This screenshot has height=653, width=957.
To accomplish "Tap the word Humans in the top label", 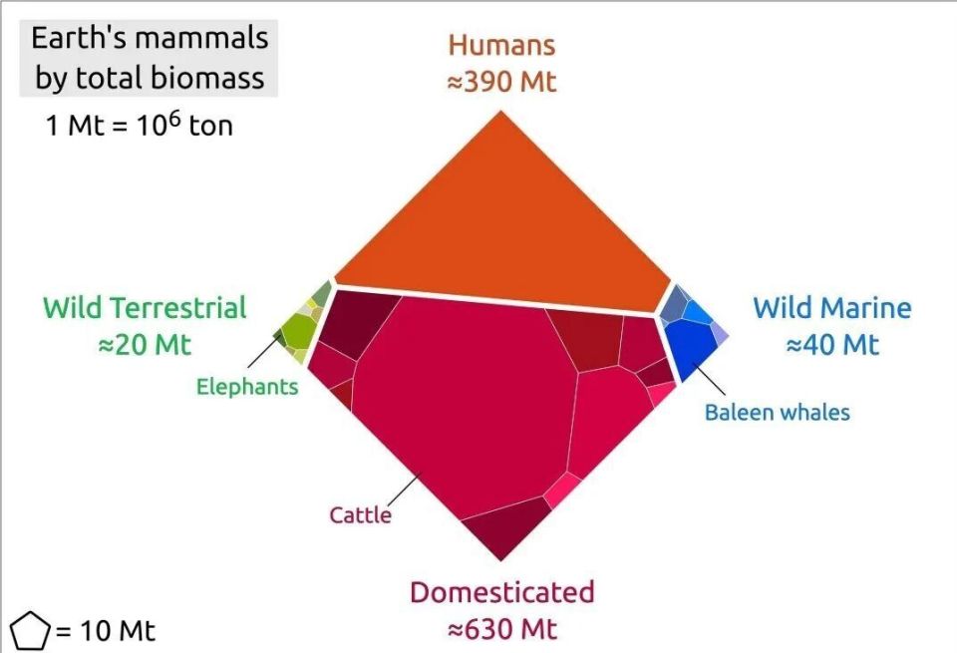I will [501, 45].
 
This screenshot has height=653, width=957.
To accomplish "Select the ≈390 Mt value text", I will [501, 82].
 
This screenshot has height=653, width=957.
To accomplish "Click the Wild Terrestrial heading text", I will [145, 307].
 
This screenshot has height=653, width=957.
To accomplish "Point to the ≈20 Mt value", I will [145, 345].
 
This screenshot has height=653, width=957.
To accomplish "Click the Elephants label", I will [247, 386].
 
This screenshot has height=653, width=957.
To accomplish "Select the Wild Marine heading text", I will [831, 307].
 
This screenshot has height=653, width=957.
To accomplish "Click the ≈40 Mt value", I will [831, 345].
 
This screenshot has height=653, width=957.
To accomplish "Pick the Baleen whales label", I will [778, 412].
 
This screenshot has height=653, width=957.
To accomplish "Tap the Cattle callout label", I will [360, 514].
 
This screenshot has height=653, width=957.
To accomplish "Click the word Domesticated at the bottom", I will [501, 592].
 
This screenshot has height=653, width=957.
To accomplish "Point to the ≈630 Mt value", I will [501, 629].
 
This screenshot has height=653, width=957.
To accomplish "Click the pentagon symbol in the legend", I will [29, 631].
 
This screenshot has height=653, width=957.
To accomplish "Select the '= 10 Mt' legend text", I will [105, 631].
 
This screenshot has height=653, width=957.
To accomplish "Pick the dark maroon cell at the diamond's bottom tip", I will [503, 528].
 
